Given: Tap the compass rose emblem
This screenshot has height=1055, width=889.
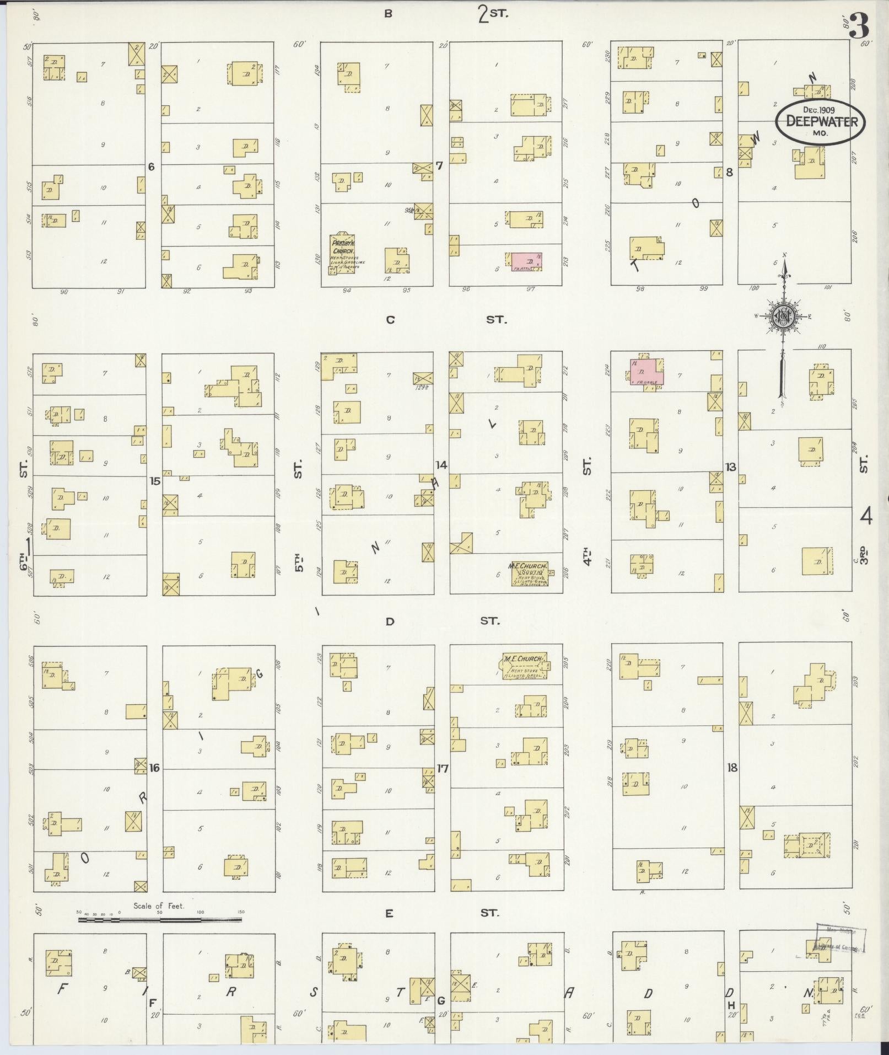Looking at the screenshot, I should [x=783, y=316].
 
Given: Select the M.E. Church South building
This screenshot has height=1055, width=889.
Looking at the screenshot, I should [x=529, y=574].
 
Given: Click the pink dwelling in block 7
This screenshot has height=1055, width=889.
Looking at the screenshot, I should [x=527, y=260].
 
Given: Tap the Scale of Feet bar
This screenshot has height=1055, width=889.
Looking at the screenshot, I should [x=160, y=919].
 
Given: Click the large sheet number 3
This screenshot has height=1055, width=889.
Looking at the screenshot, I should [x=859, y=26].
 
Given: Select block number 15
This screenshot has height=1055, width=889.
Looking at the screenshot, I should [x=155, y=481].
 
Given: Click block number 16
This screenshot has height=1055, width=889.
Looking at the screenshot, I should [x=154, y=768].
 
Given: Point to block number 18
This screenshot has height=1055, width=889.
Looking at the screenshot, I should [x=732, y=767].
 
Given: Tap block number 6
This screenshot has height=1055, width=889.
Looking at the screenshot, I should [x=151, y=167].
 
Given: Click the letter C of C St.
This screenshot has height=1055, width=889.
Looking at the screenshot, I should [x=390, y=319].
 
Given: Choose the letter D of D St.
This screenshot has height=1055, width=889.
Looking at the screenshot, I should [x=390, y=622].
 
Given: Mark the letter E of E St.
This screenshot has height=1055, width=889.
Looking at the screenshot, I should [x=389, y=914].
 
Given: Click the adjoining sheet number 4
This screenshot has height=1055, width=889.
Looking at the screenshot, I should [x=866, y=517].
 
